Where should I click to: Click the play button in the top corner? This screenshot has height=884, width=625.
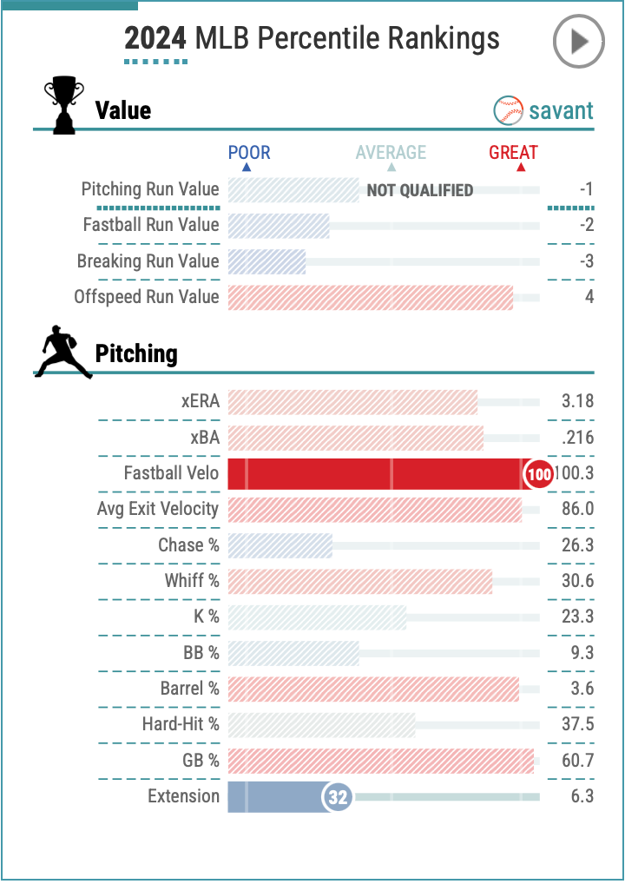[578, 42]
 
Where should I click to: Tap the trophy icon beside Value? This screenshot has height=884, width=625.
[64, 105]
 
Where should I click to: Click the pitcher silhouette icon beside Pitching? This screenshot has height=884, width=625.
[63, 352]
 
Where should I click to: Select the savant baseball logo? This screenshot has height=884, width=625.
[508, 110]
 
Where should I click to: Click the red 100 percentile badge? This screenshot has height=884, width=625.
[539, 474]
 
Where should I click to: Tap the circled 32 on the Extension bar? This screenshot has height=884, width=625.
[338, 797]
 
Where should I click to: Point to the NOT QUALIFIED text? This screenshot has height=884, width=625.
[420, 190]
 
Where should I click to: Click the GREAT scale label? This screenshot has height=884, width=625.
[513, 153]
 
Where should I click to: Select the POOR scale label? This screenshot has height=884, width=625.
[249, 153]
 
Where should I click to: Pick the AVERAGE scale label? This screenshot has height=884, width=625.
[391, 153]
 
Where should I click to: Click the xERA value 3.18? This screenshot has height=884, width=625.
[577, 402]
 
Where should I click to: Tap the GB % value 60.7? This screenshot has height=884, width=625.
[577, 761]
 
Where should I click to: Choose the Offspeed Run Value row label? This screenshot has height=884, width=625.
[147, 297]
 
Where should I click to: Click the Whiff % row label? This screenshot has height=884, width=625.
[192, 581]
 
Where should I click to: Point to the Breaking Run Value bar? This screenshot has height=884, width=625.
[266, 261]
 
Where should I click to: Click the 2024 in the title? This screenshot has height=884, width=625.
[155, 38]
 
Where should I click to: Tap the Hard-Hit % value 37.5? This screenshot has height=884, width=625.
[577, 724]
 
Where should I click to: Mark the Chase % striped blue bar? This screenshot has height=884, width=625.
[280, 545]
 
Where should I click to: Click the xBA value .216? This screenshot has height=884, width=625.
[577, 438]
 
